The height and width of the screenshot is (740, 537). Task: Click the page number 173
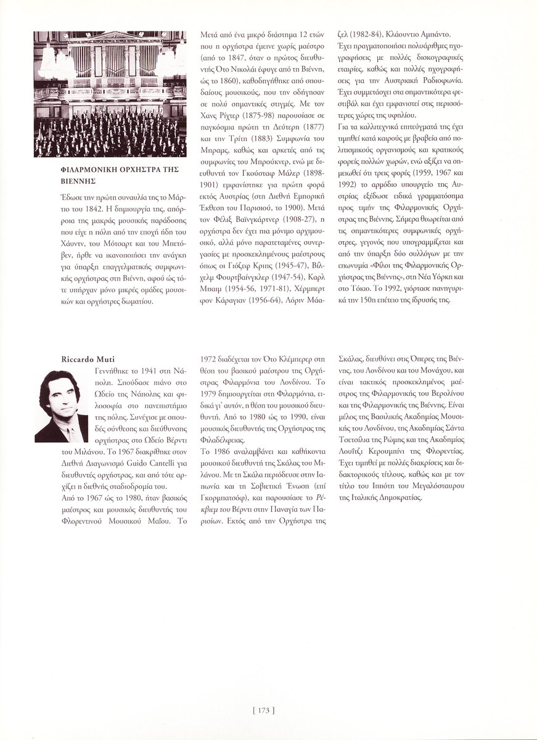[x=263, y=710]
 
